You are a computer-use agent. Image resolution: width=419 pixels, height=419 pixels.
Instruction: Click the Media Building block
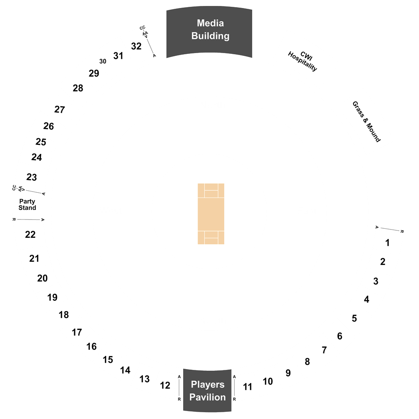click(209, 32)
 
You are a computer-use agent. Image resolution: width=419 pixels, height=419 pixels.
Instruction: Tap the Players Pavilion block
click(208, 390)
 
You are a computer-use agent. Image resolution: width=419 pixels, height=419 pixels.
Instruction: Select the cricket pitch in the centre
click(211, 214)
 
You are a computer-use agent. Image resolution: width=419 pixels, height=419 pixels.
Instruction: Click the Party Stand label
click(27, 205)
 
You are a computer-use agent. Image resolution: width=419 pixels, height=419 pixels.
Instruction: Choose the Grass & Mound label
click(366, 122)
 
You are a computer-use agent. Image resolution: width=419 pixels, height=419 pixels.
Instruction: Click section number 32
click(136, 46)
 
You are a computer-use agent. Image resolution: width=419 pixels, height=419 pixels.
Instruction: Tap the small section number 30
click(103, 61)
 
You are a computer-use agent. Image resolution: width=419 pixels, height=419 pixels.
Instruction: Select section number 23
click(32, 177)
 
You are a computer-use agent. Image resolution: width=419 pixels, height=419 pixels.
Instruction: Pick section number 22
click(30, 235)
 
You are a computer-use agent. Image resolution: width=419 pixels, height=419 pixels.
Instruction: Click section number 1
click(387, 243)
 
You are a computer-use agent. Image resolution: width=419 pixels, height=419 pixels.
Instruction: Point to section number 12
click(165, 385)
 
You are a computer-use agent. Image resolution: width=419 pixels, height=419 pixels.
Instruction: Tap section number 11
click(247, 387)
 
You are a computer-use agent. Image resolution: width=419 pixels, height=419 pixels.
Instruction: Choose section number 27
click(59, 110)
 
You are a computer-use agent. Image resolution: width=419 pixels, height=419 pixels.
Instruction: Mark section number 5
click(354, 318)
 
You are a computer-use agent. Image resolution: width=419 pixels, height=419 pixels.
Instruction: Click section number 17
click(77, 332)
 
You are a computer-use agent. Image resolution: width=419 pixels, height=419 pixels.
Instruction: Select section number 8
click(307, 362)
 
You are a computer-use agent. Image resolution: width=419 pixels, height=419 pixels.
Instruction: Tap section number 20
click(42, 279)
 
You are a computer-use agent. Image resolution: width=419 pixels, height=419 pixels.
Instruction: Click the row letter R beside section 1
click(401, 231)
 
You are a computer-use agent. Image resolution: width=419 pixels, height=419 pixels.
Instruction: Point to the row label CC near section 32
click(142, 28)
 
